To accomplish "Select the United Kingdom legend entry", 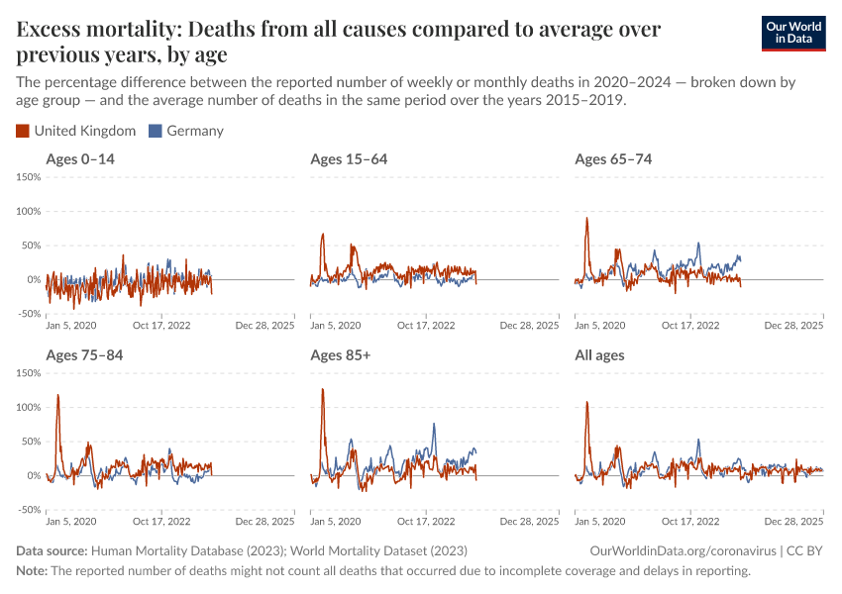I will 76,131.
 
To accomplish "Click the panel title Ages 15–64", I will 349,159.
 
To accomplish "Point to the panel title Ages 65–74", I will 613,159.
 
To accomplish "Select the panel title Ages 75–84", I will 84,355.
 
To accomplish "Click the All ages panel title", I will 599,355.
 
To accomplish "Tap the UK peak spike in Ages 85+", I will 323,390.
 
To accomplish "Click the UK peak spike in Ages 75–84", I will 57,396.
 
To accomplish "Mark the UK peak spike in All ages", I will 587,403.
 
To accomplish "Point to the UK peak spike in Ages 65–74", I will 586,220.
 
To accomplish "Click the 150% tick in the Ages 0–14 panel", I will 28,177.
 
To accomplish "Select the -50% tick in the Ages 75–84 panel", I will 28,510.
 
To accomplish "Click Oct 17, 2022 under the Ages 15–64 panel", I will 426,324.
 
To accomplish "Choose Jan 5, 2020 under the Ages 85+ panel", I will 336,520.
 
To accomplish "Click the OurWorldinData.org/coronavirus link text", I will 681,550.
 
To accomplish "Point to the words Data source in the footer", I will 52,550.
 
